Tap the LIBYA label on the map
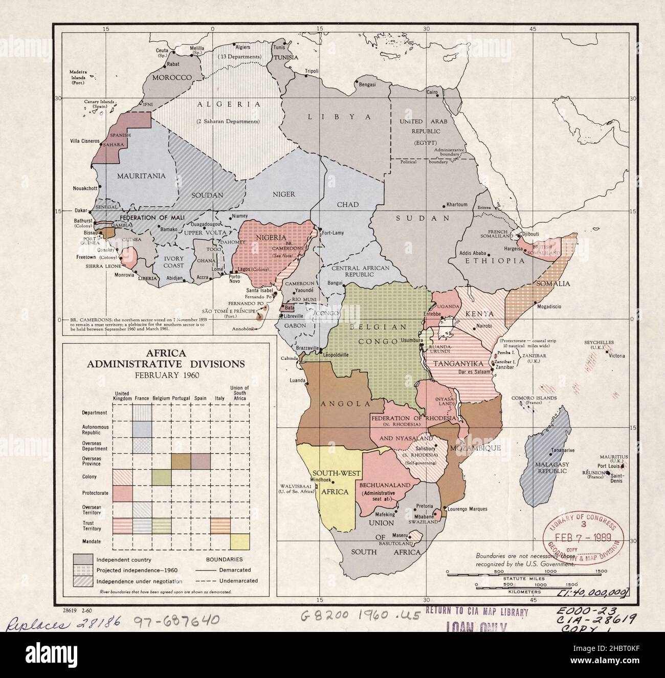pyautogui.click(x=338, y=117)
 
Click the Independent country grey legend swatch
pyautogui.click(x=83, y=560)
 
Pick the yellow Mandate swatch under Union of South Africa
pyautogui.click(x=239, y=541)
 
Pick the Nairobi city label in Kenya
pyautogui.click(x=481, y=325)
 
